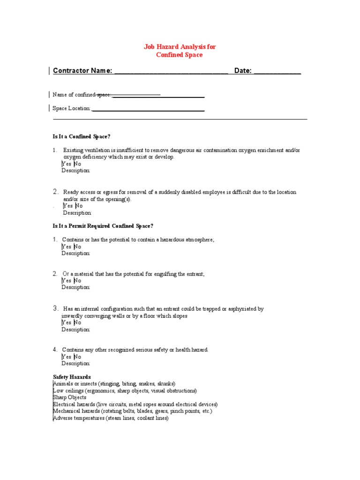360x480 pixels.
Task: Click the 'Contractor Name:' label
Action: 82,71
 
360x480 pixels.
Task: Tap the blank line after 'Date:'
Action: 277,71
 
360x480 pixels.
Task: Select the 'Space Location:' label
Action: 72,108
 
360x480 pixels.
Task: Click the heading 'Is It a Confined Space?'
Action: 81,136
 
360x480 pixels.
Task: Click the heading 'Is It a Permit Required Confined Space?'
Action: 103,226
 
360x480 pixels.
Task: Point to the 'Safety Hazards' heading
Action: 72,377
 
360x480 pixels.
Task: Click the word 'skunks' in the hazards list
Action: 165,383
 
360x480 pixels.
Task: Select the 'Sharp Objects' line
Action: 69,397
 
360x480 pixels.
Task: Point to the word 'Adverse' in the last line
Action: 63,418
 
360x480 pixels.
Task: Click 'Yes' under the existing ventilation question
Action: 67,164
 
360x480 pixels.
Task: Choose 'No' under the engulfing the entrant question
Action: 78,281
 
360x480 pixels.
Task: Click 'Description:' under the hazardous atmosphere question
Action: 76,253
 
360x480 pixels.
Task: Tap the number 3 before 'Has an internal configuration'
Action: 55,308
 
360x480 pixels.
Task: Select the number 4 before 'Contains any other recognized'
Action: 55,350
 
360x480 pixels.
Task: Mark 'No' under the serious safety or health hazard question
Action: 78,357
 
